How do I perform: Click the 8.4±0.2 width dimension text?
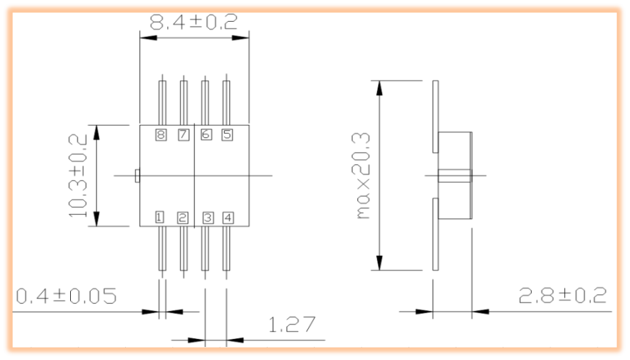(193, 22)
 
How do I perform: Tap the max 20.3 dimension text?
(363, 176)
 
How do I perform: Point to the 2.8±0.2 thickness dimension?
(562, 295)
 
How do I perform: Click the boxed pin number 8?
(161, 134)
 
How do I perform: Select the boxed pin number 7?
(183, 134)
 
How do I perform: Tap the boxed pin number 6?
(205, 134)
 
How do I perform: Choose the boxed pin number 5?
(226, 134)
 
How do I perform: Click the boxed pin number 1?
(161, 217)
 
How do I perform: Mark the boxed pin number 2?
(183, 217)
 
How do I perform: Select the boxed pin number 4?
(227, 217)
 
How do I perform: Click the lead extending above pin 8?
(162, 102)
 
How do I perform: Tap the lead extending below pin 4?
(226, 249)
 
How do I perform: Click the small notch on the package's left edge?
(137, 175)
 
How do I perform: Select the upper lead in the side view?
(435, 116)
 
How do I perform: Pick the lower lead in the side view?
(435, 234)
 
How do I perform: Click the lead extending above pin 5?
(226, 102)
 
